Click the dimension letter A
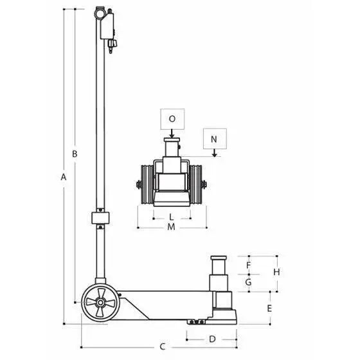point(64,177)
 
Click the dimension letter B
point(75,154)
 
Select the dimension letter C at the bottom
point(163,346)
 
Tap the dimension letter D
point(212,339)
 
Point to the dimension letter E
point(269,309)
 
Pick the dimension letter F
point(248,265)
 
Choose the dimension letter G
point(248,282)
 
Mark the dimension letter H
point(276,272)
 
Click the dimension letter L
point(171,217)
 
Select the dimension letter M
point(171,227)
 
